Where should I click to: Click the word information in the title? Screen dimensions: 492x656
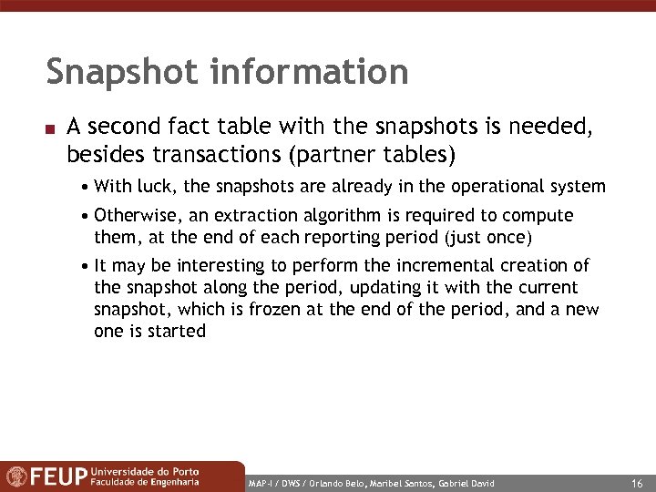pyautogui.click(x=310, y=71)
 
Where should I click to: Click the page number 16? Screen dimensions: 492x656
pyautogui.click(x=636, y=483)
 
